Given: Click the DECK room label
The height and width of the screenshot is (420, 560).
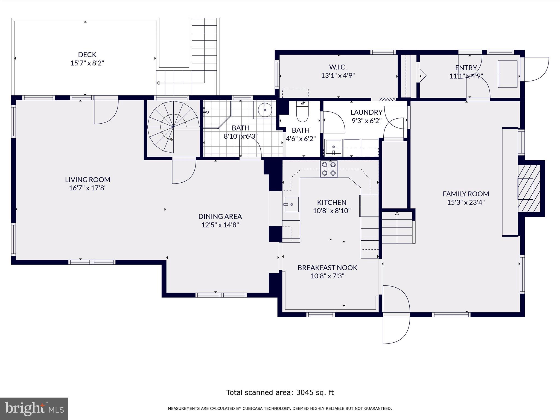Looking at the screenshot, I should click(x=87, y=54).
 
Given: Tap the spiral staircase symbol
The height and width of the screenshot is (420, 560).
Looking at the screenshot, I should click(x=173, y=127).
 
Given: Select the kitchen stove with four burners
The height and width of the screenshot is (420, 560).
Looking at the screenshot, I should click(x=329, y=169).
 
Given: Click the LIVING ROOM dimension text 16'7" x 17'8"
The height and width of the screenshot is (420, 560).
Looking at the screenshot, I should click(x=87, y=188).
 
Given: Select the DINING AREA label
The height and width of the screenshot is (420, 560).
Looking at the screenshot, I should click(x=220, y=216).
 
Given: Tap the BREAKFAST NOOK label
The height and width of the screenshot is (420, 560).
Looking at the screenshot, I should click(x=327, y=267).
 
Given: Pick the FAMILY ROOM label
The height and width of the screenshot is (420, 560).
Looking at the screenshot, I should click(x=466, y=194).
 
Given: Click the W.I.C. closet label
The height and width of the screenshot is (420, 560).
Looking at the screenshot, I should click(x=338, y=67).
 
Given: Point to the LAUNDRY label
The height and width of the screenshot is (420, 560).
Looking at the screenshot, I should click(x=366, y=112).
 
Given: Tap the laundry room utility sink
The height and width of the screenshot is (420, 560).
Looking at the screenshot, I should click(x=333, y=148).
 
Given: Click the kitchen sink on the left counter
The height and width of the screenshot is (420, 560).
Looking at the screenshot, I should click(x=291, y=204).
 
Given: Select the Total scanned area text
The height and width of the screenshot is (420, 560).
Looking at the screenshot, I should click(x=280, y=392).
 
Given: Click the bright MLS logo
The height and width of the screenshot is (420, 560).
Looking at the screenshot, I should click(x=34, y=409).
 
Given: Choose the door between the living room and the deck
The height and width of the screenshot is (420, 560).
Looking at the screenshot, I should click(x=106, y=109).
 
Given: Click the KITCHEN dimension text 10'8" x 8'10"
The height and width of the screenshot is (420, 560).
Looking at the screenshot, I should click(x=332, y=211).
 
